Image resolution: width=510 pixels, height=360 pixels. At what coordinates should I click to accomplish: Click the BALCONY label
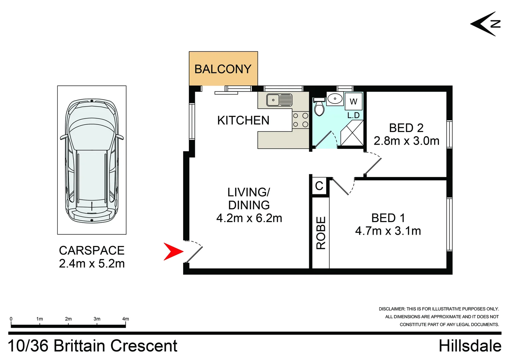click(223, 69)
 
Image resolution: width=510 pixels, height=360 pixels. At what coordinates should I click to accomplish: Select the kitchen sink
click(280, 100)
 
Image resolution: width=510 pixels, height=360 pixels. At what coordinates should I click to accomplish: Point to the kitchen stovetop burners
click(301, 120)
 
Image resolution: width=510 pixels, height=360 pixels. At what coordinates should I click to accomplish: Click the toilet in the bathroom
click(319, 107)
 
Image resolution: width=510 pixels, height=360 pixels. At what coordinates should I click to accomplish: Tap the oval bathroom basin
click(335, 99)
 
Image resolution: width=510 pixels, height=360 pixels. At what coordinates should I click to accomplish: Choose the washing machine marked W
click(353, 101)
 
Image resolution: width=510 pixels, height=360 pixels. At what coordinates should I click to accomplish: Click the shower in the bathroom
click(352, 133)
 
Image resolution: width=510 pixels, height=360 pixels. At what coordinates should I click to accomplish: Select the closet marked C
click(319, 186)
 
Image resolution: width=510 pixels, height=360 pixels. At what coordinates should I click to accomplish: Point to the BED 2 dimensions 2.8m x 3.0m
click(406, 141)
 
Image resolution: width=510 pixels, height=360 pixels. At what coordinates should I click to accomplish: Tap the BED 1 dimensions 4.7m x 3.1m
click(388, 231)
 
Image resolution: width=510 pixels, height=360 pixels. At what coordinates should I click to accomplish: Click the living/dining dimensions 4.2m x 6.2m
click(249, 218)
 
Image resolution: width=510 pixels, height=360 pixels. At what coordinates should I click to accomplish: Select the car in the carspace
click(92, 161)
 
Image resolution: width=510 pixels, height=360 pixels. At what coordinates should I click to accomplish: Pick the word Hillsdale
click(470, 346)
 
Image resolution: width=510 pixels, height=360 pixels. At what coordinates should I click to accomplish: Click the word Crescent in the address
click(144, 346)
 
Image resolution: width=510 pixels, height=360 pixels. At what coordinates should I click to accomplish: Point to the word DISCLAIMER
click(392, 309)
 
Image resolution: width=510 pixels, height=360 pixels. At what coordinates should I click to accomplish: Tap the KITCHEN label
click(243, 120)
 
